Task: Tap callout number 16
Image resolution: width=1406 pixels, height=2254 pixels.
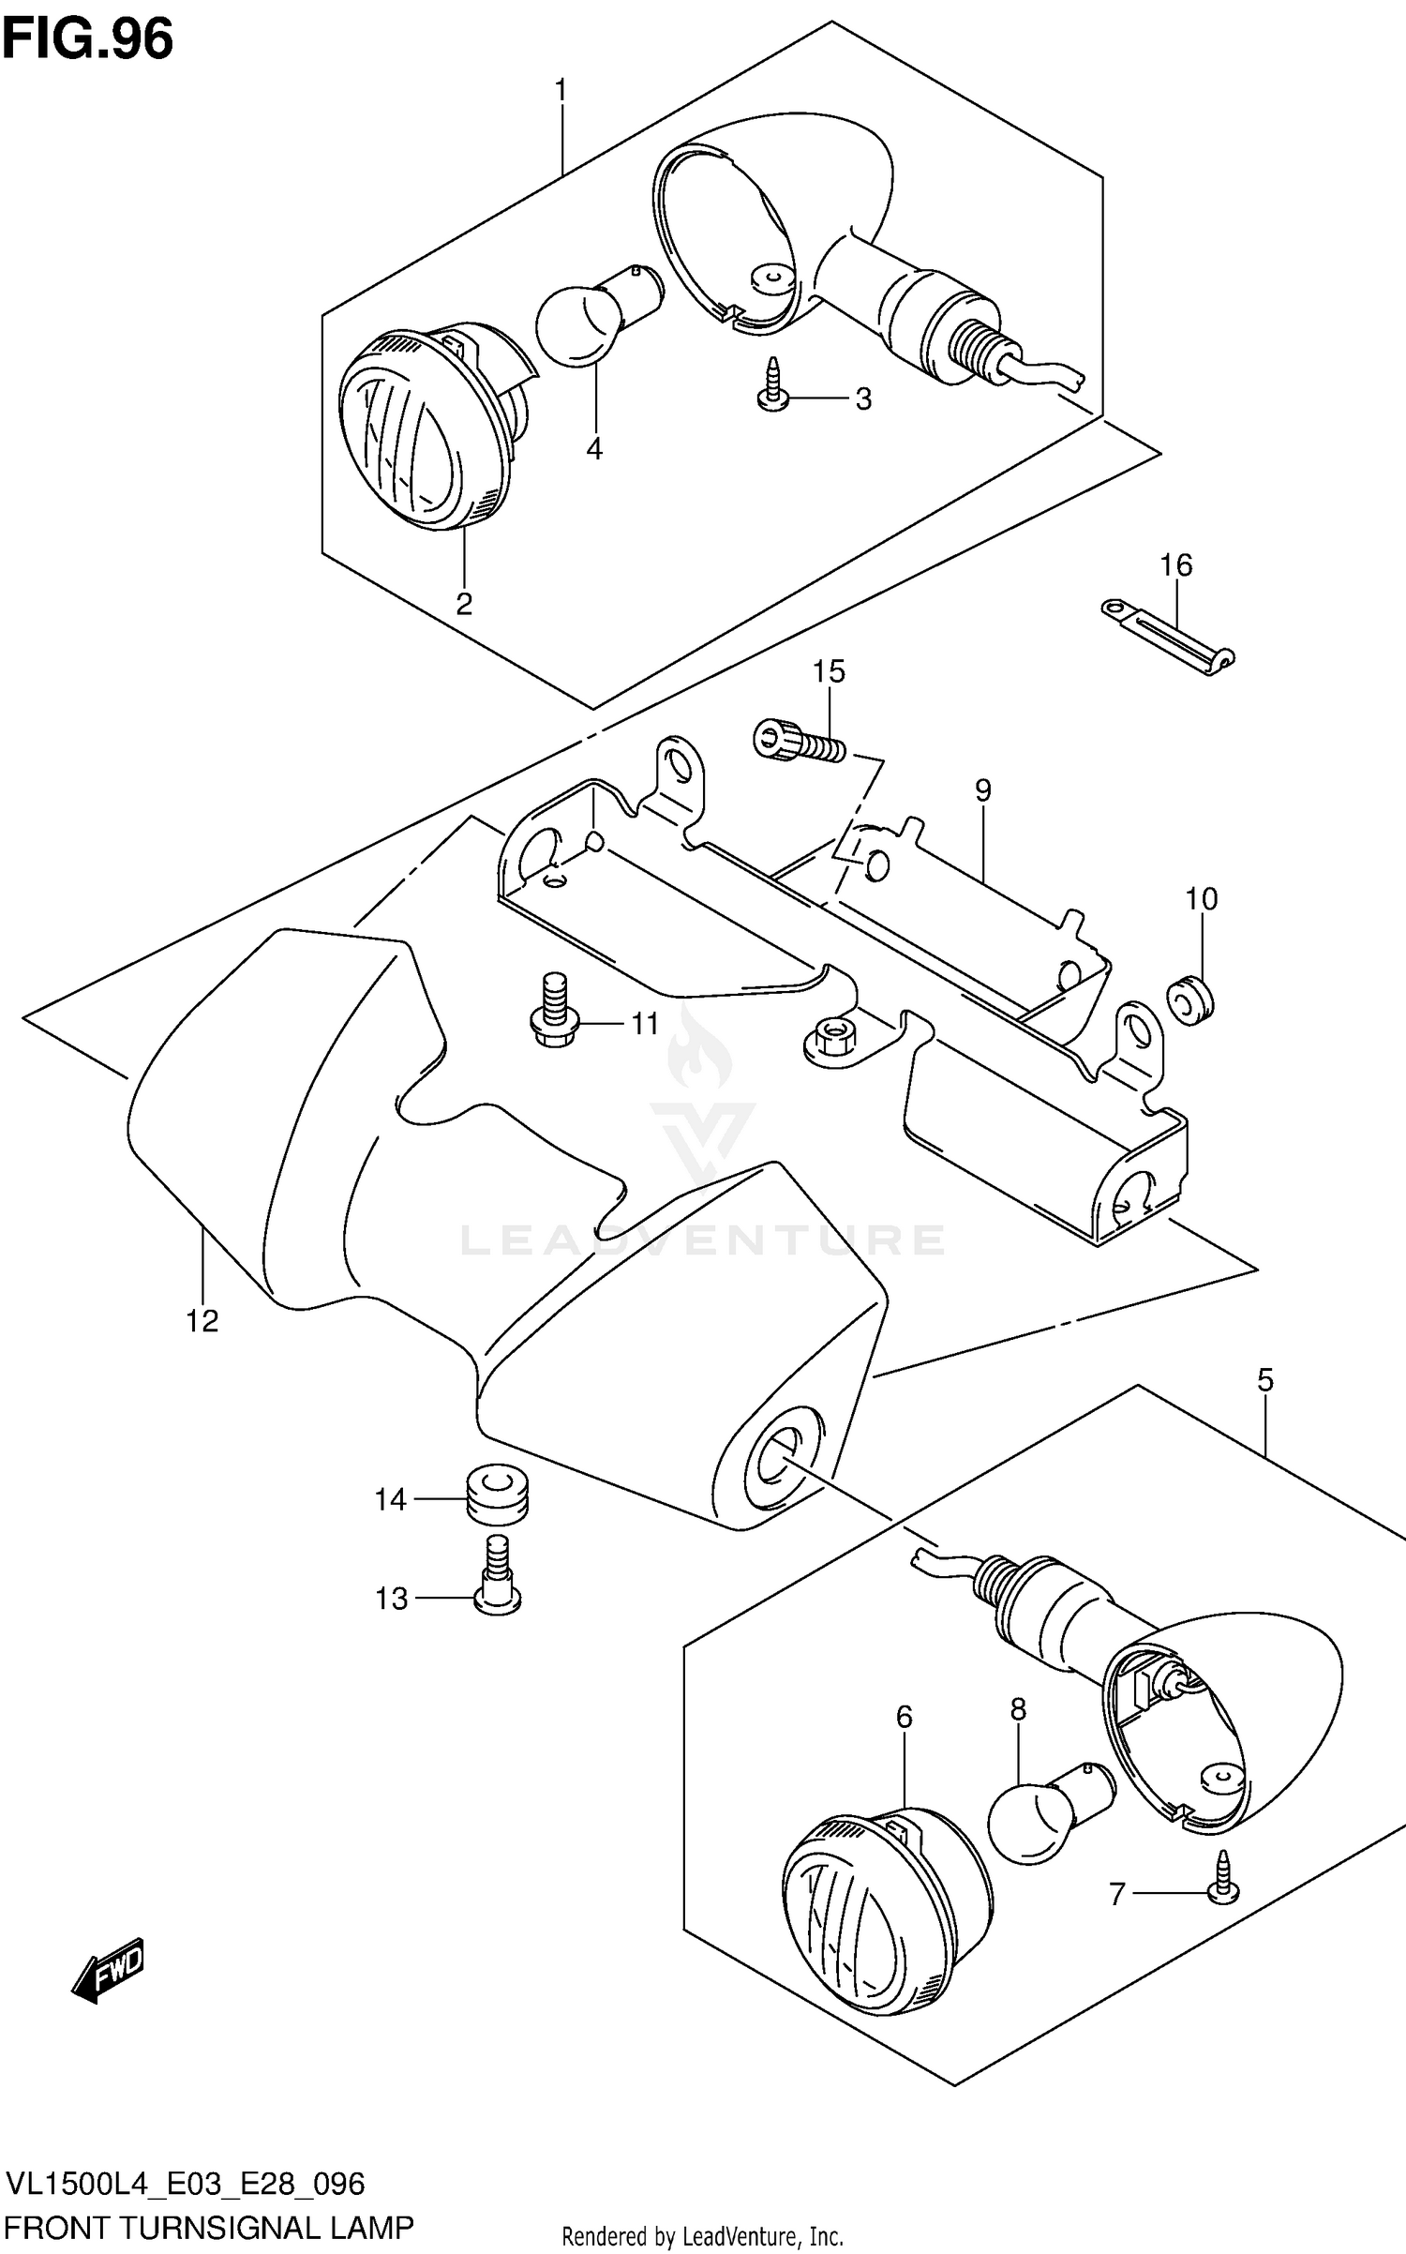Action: coord(1175,565)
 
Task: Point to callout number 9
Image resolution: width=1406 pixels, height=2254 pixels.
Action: coord(981,790)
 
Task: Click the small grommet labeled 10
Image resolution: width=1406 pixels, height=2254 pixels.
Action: coord(1190,1000)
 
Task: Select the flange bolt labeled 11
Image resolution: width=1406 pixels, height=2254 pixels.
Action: coord(556,1011)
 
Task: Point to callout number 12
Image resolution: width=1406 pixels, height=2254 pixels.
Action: coord(202,1321)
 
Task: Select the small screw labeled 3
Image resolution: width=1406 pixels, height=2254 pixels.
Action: coord(772,385)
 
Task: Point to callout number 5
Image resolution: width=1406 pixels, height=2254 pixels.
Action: coord(1264,1380)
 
